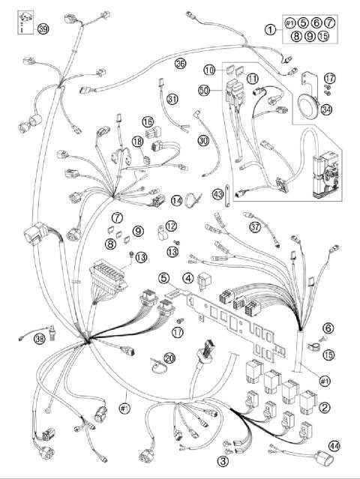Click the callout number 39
click(x=43, y=29)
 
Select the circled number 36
click(x=180, y=64)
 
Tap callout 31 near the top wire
click(x=172, y=99)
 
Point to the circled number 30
click(x=203, y=139)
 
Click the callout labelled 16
click(x=148, y=121)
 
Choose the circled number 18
click(x=137, y=142)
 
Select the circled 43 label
click(x=218, y=193)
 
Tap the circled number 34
click(x=326, y=112)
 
